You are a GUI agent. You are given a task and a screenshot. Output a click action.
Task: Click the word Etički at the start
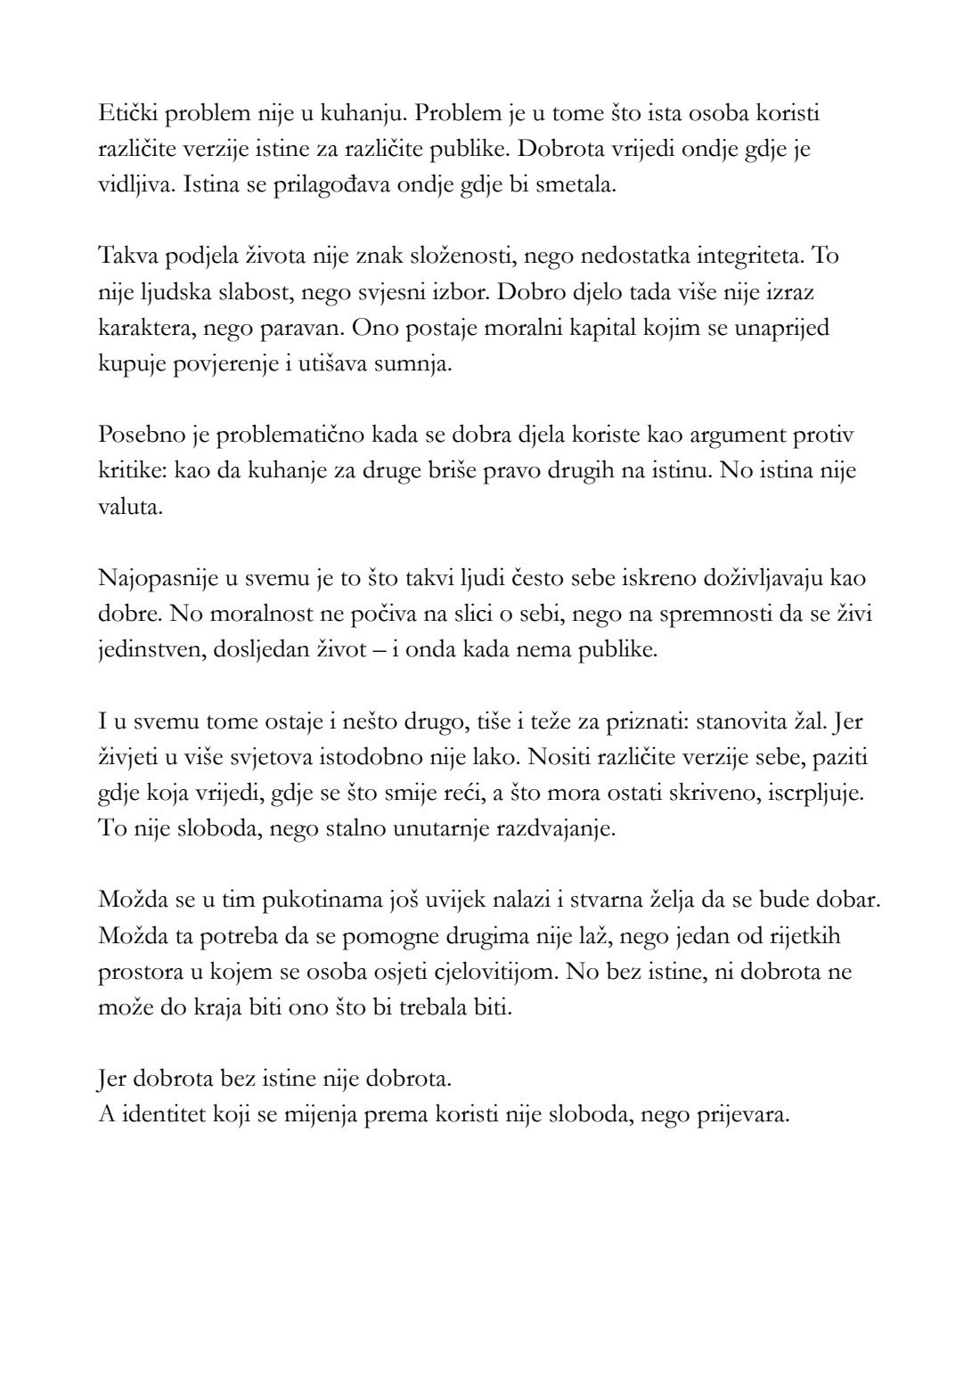(x=124, y=115)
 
